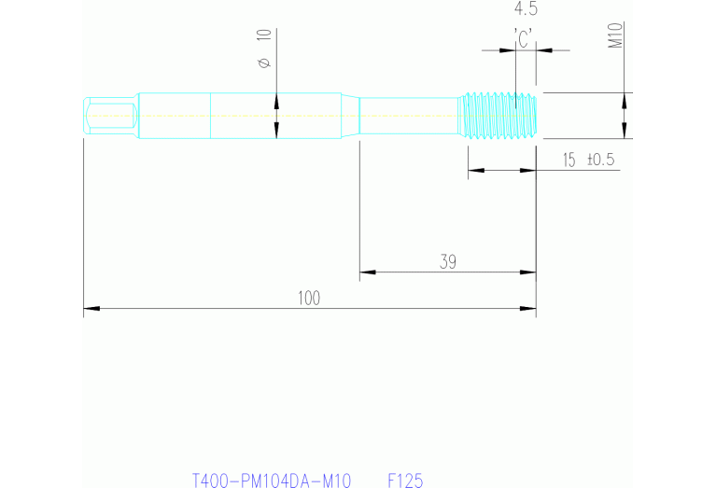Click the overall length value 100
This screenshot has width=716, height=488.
click(309, 298)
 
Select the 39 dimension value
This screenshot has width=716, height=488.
click(448, 262)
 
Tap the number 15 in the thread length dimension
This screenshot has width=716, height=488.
click(569, 160)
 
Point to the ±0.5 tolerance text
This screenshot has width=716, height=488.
click(600, 160)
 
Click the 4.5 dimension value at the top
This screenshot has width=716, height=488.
click(526, 10)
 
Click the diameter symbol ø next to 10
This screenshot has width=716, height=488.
click(263, 63)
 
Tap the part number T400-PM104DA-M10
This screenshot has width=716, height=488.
click(271, 481)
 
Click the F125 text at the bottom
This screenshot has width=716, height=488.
click(405, 481)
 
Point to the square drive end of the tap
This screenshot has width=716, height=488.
click(110, 116)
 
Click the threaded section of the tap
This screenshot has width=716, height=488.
click(500, 116)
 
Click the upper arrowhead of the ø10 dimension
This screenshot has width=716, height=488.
click(276, 101)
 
